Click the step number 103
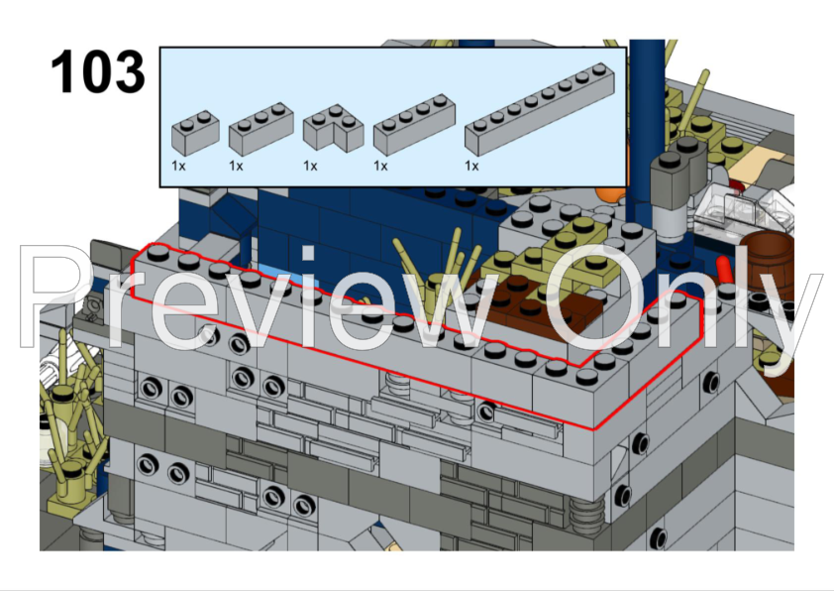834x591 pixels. (97, 72)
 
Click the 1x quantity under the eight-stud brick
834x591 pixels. (471, 167)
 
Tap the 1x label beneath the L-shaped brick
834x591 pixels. (310, 167)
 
